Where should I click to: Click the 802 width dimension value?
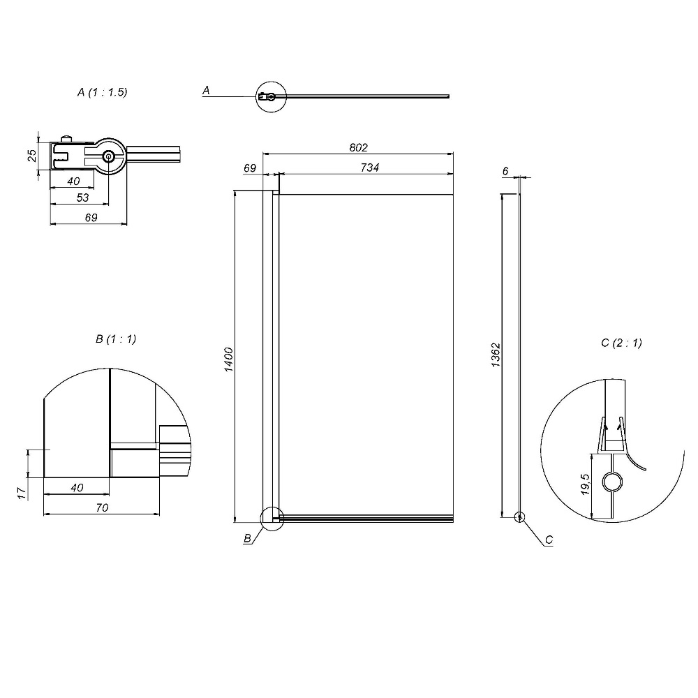358,147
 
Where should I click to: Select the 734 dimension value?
370,168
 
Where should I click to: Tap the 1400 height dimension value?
228,359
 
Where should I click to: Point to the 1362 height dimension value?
496,355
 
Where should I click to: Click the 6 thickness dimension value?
505,171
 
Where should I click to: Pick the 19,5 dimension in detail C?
586,484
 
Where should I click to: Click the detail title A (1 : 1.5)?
103,92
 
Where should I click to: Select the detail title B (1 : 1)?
116,339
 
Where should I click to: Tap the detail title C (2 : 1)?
621,343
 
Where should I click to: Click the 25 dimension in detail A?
32,155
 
